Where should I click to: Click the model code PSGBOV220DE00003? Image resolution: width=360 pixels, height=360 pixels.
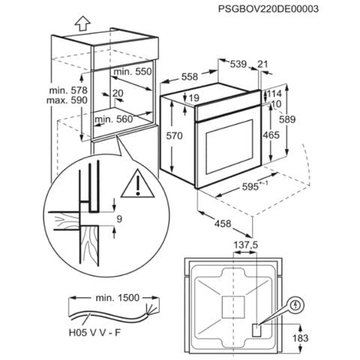tap(268, 9)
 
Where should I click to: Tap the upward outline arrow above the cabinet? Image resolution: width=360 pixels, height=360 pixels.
tap(82, 25)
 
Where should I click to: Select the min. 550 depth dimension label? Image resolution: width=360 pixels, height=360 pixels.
tap(133, 72)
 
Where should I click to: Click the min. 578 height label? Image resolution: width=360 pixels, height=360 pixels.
tap(68, 90)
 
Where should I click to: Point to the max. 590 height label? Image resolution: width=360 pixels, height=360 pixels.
tap(67, 100)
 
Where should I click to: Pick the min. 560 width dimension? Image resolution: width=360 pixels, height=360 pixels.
tap(114, 119)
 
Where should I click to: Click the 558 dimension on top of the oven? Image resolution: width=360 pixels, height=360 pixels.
tap(190, 76)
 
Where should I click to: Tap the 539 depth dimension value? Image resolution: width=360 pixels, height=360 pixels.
tap(238, 64)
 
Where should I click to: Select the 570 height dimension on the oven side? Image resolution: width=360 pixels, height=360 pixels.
tap(175, 136)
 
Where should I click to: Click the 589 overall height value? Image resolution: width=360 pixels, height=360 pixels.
tap(287, 119)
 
